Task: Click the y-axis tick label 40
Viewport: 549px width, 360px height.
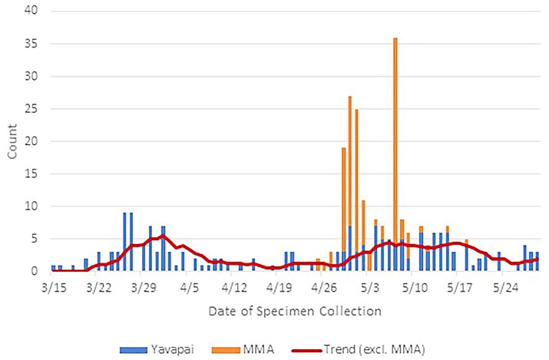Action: [x=31, y=11]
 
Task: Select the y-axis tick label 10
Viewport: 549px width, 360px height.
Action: [x=31, y=206]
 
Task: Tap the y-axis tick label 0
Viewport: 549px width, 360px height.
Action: [x=35, y=271]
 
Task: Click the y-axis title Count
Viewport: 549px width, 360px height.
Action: [x=12, y=143]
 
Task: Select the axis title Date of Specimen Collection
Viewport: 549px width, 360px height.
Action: [x=294, y=312]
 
